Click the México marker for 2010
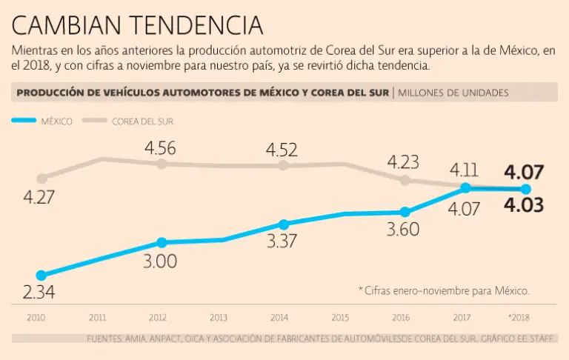(x=41, y=275)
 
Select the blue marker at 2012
(x=162, y=242)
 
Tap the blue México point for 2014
(x=283, y=224)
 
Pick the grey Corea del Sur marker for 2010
(x=41, y=179)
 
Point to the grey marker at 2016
(x=405, y=180)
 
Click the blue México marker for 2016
(x=405, y=212)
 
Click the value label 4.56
(x=160, y=147)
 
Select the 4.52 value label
(x=282, y=150)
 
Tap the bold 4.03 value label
(x=524, y=204)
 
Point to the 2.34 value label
(x=39, y=293)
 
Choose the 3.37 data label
(x=282, y=242)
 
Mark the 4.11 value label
(x=465, y=169)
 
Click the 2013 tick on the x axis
(x=218, y=318)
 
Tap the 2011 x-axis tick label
(x=97, y=318)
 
